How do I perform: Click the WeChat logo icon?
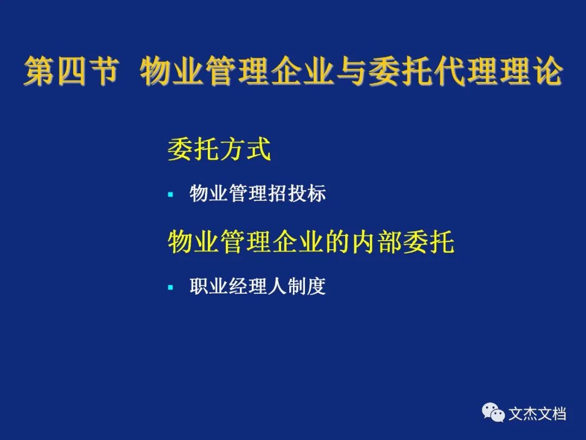[x=493, y=412]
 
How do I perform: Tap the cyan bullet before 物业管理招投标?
[x=171, y=194]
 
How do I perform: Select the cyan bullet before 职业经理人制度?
[x=171, y=287]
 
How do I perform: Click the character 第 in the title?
[x=39, y=71]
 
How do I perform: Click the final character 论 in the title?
[x=547, y=71]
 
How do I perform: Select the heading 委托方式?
[x=219, y=149]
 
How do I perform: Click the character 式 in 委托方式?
[x=258, y=149]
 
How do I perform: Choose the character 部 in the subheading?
[x=390, y=242]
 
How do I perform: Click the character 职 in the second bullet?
[x=199, y=287]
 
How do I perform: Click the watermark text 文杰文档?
[x=537, y=413]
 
